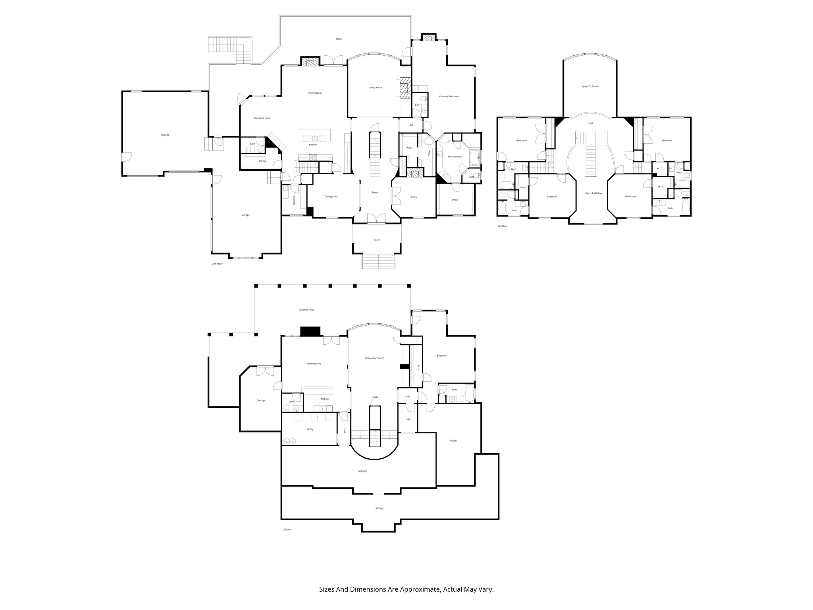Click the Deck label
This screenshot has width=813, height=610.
click(x=339, y=39)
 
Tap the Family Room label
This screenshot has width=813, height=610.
click(x=314, y=93)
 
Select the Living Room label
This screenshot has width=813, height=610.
click(x=375, y=87)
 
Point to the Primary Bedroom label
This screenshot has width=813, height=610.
click(x=449, y=97)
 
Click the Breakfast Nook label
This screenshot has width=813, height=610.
click(x=262, y=118)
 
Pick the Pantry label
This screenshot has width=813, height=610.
click(x=262, y=161)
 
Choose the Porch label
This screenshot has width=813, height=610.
click(x=377, y=240)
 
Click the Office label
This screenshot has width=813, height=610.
click(x=414, y=197)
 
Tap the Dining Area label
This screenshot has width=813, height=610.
click(x=331, y=197)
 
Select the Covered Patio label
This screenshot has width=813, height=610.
click(x=306, y=310)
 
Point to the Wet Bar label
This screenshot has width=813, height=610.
click(x=325, y=399)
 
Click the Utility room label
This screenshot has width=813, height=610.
click(x=310, y=429)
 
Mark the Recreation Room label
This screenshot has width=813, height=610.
click(x=374, y=358)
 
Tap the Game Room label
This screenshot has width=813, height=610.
click(x=314, y=364)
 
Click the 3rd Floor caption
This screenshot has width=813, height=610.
click(x=503, y=226)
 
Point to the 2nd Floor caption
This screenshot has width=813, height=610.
click(x=217, y=264)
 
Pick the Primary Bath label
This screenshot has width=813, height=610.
click(x=455, y=157)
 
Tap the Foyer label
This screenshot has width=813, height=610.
click(x=375, y=193)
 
